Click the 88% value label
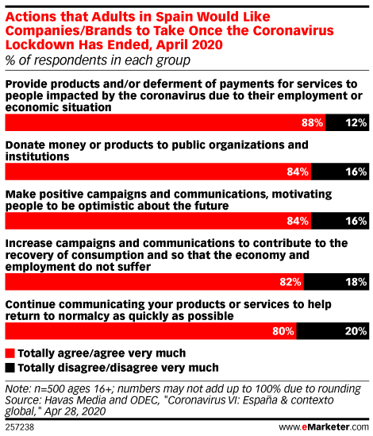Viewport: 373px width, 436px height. click(312, 122)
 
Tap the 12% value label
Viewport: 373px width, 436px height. click(356, 122)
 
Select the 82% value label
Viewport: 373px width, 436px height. click(290, 282)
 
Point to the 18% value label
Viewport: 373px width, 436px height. click(356, 282)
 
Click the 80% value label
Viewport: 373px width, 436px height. click(283, 331)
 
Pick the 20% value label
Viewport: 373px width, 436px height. click(356, 331)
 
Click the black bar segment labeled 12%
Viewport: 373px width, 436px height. click(347, 122)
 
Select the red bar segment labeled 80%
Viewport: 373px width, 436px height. click(151, 331)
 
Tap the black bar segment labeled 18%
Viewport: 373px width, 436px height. click(336, 282)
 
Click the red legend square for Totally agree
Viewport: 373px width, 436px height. click(10, 353)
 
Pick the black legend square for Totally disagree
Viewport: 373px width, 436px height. click(10, 368)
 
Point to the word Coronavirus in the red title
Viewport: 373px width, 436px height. click(293, 31)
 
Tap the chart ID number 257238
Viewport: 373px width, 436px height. click(20, 427)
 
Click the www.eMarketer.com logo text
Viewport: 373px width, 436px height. click(324, 426)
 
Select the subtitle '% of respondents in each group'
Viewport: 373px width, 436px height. click(98, 60)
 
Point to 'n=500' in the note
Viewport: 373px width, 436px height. click(49, 388)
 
